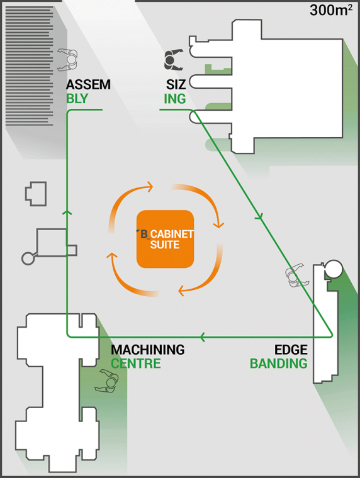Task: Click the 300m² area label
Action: (x=331, y=10)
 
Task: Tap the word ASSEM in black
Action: (x=88, y=85)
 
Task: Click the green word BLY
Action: (x=77, y=99)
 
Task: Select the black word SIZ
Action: (x=176, y=85)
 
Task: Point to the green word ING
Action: (x=175, y=99)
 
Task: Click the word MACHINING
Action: (x=148, y=350)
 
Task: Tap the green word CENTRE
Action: (x=136, y=364)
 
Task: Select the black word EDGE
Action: (x=291, y=350)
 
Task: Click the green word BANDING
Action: (x=279, y=364)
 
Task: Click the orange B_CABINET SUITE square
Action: (x=165, y=239)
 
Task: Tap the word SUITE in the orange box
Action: (x=165, y=245)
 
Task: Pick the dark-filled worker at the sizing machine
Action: (x=173, y=60)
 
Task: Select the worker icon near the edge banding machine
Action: (x=295, y=275)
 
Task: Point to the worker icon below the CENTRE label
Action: (x=107, y=381)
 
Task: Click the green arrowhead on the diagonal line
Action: (x=259, y=218)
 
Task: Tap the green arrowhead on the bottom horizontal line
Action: (x=203, y=337)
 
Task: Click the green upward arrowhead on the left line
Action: (x=67, y=212)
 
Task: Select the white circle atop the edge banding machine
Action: (x=333, y=269)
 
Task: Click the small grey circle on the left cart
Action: (x=28, y=258)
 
